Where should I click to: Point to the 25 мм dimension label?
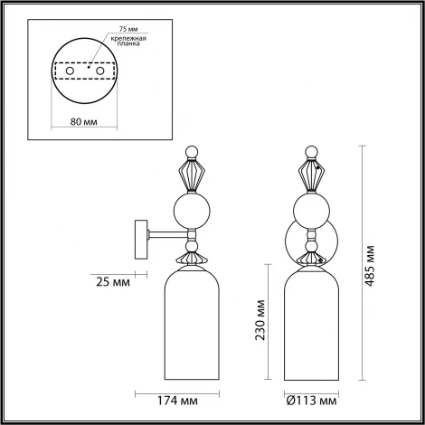[112, 282]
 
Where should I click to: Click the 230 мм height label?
[260, 322]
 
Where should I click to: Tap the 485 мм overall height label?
[372, 261]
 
